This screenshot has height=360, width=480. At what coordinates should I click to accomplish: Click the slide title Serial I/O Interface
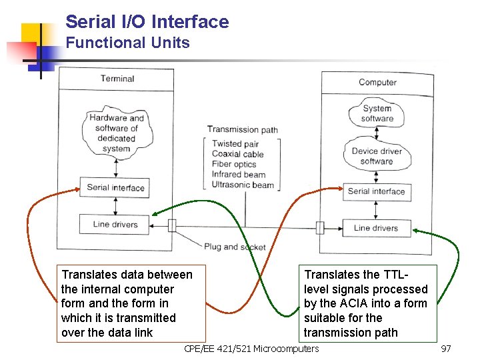click(x=147, y=22)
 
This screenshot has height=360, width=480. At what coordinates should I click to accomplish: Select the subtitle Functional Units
click(x=127, y=43)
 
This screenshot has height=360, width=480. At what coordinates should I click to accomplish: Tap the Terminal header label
click(x=117, y=79)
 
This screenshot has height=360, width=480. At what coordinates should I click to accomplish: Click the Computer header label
click(x=377, y=82)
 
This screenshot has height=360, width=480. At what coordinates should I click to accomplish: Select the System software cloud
click(x=377, y=113)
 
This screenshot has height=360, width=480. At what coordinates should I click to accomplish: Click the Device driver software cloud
click(x=377, y=156)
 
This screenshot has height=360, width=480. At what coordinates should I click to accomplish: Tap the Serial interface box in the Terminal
click(x=115, y=187)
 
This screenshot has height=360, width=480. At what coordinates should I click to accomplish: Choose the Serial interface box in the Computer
click(x=376, y=191)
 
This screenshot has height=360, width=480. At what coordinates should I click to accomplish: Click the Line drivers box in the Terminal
click(x=115, y=224)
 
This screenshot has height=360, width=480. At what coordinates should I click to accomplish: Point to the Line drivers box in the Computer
click(x=376, y=228)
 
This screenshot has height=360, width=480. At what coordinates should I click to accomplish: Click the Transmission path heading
click(x=242, y=129)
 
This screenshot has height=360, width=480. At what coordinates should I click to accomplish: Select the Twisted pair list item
click(x=235, y=144)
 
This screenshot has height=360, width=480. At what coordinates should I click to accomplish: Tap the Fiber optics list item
click(x=234, y=164)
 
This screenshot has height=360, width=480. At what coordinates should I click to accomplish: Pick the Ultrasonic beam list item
click(x=243, y=185)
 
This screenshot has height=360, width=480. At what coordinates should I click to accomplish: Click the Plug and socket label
click(x=235, y=247)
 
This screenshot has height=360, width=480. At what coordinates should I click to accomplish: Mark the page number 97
click(x=446, y=349)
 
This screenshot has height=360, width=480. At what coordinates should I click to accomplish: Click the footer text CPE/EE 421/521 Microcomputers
click(x=251, y=349)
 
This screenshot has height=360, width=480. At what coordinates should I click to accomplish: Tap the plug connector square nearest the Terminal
click(x=172, y=225)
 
